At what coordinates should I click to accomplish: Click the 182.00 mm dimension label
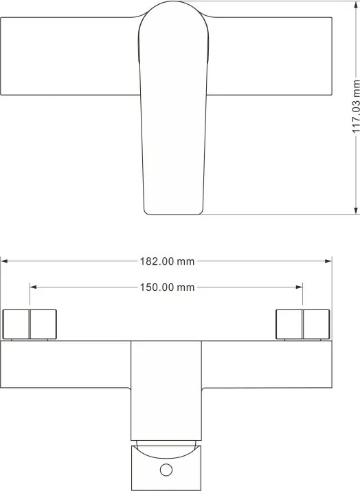167,261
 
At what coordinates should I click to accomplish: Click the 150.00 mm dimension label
167,287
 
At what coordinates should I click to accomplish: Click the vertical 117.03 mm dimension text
356,107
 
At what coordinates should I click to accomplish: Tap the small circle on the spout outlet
166,470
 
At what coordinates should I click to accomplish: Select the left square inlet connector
30,325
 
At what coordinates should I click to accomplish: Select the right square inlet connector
302,325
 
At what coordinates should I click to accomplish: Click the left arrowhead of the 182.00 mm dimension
4,261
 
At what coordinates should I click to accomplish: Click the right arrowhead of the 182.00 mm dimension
328,261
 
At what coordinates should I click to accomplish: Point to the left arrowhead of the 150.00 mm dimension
33,287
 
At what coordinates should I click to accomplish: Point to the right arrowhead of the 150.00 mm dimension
300,287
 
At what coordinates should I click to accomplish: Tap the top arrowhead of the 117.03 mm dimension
356,4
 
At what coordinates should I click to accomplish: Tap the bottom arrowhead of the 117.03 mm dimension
356,210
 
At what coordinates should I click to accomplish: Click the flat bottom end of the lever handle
173,214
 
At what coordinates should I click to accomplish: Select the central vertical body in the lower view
166,391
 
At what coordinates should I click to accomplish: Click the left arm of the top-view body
69,56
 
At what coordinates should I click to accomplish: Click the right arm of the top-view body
269,56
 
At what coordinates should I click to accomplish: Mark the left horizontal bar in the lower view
65,364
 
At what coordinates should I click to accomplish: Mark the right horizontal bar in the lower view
267,364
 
